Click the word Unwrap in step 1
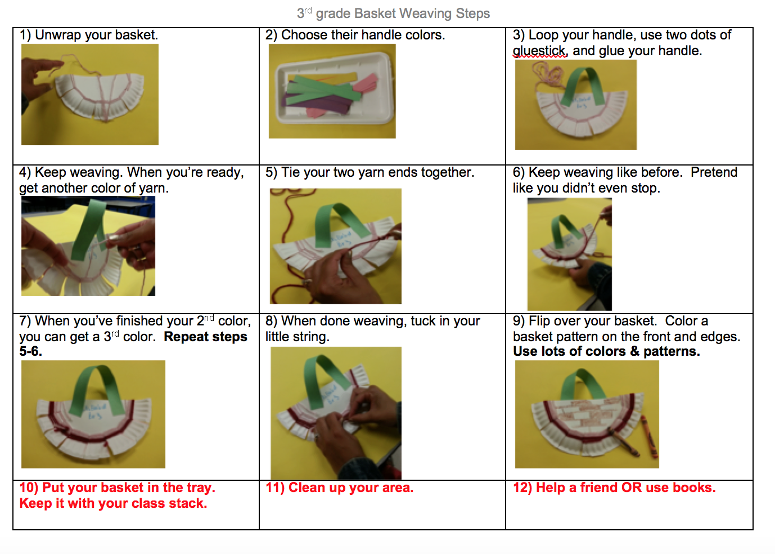coord(58,35)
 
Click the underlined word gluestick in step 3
coord(539,51)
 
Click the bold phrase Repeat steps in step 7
coord(205,337)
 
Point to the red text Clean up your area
coord(339,488)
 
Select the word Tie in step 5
coord(290,172)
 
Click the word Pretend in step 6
coord(714,172)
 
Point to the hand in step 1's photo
coord(39,83)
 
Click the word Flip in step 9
coord(539,321)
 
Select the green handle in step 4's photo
coord(87,230)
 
